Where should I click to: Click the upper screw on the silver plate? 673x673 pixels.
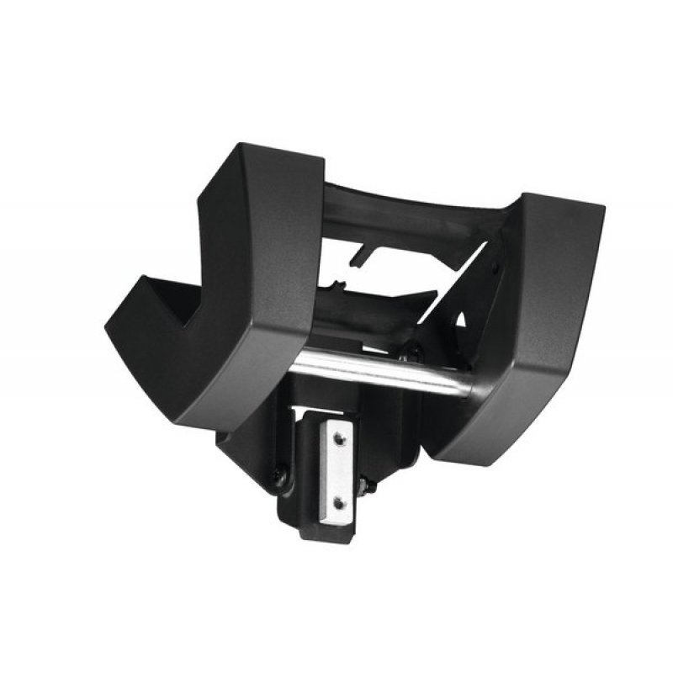tap(337, 437)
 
